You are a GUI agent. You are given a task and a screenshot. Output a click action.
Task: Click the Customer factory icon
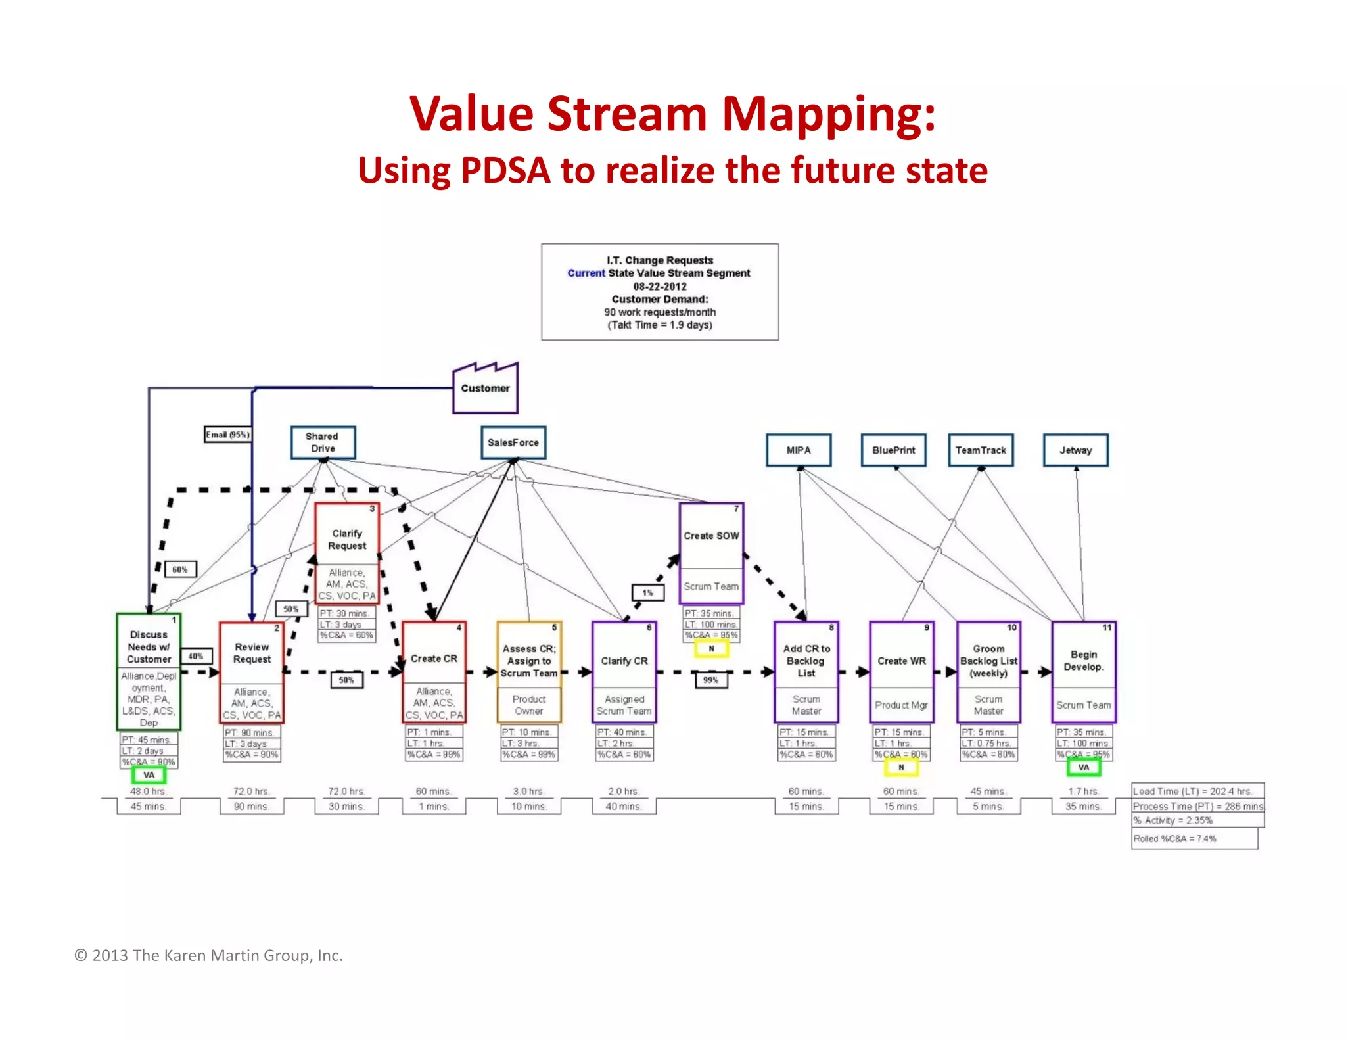point(485,389)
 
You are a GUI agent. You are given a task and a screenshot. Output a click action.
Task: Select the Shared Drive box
point(323,442)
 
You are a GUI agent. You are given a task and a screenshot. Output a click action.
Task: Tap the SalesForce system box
point(513,442)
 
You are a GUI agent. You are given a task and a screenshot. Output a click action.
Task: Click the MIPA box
point(799,450)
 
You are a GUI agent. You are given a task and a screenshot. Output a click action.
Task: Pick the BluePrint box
point(893,450)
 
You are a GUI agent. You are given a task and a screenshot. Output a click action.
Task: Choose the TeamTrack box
point(981,450)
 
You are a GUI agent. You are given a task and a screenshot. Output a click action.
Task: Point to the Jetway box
point(1075,450)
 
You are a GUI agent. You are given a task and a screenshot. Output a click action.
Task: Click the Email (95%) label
point(227,435)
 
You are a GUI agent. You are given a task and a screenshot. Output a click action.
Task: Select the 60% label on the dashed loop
point(180,569)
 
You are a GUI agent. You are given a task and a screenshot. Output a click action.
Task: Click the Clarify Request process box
point(347,539)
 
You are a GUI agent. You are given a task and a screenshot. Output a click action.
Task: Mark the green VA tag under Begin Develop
point(1083,767)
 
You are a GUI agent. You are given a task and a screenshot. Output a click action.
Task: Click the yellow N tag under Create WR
point(901,767)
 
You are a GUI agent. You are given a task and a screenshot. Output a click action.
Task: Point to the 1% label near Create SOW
point(648,592)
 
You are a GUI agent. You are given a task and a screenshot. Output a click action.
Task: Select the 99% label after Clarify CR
point(711,680)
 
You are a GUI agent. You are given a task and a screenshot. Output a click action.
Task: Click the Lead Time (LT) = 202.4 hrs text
point(1192,792)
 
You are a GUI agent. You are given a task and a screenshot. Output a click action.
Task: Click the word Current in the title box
point(586,273)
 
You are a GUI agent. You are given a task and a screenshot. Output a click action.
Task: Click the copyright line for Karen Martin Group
point(208,955)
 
